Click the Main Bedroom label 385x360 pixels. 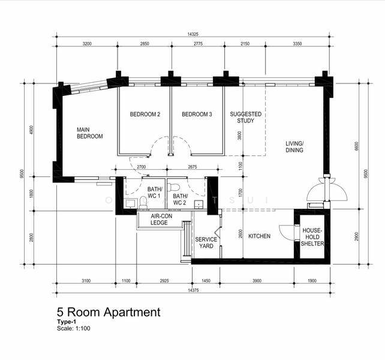tap(89, 133)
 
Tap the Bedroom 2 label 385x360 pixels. tap(145, 115)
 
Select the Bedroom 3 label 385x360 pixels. tap(197, 115)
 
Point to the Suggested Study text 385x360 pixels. tap(242, 117)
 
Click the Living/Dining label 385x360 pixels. tap(294, 146)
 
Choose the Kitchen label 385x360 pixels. tap(260, 236)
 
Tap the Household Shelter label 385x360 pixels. tap(312, 237)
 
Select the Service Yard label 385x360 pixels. tap(206, 242)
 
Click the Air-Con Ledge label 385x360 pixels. tap(159, 219)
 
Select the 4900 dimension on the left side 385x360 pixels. tap(32, 130)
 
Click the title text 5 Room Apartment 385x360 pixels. tap(109, 312)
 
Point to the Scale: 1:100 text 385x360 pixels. tap(74, 328)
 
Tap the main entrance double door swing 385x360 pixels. tap(327, 191)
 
